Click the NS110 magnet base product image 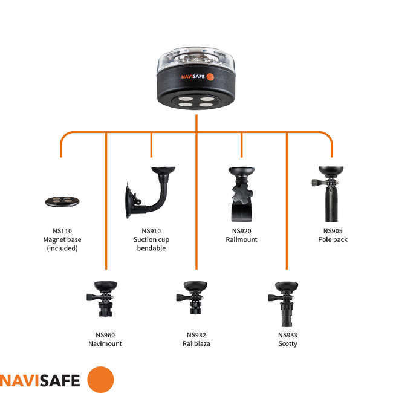(x=62, y=201)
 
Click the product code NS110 (x=62, y=231)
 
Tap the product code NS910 (x=151, y=231)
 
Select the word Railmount (x=242, y=239)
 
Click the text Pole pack (x=333, y=239)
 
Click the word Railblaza (x=196, y=343)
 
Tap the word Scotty (x=287, y=343)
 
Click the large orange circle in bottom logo (x=100, y=380)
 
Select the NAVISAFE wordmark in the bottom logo (x=40, y=380)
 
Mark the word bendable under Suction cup (x=151, y=248)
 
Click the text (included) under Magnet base (x=62, y=248)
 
